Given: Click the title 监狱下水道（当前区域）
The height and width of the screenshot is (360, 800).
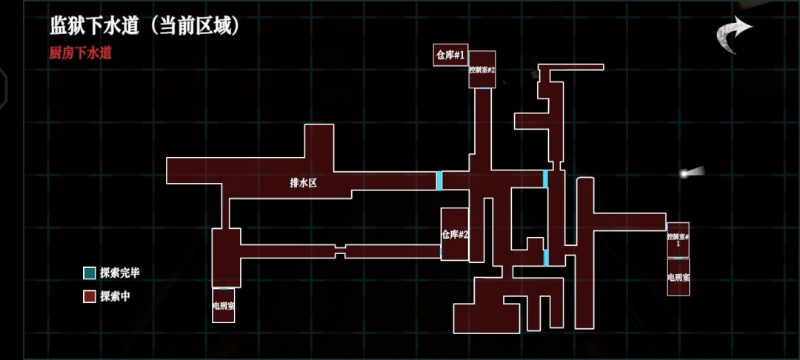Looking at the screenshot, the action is coord(144,26).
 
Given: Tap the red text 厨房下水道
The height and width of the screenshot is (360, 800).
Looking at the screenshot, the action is coord(81,53).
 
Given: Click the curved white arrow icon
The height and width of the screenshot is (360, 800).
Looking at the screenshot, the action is coord(733,34).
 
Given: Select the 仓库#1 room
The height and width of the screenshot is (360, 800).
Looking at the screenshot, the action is coord(450,55).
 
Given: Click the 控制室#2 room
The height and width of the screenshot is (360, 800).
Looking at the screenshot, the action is coord(482,70).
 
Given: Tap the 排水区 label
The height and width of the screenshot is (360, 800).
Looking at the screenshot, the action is coord(304,183).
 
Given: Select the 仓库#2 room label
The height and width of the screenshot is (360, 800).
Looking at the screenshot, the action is coord(455,235).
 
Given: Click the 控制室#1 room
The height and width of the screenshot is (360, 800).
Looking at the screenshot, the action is coord(678,240).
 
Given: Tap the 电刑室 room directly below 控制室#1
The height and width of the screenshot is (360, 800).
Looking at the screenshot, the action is coord(678,277).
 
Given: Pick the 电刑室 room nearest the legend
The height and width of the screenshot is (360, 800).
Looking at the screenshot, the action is coord(224,305).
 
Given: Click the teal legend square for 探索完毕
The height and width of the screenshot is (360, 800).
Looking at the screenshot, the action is coord(90,273).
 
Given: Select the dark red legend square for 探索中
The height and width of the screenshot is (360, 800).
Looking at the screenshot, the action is coord(90,297).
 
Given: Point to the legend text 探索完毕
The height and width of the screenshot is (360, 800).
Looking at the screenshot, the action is coord(120,273).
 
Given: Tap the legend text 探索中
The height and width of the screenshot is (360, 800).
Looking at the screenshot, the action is coord(116,297).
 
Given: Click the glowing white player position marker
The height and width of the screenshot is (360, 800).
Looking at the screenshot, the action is coord(684,174).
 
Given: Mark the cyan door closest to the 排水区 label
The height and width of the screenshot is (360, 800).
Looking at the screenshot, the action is coord(439,181).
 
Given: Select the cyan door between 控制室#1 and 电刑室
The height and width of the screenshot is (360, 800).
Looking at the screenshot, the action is coord(678,258).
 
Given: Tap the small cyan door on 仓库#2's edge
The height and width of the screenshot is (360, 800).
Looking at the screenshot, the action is coord(441,251).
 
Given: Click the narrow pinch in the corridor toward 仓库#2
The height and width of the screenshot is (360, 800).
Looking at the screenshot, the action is coord(340,251).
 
